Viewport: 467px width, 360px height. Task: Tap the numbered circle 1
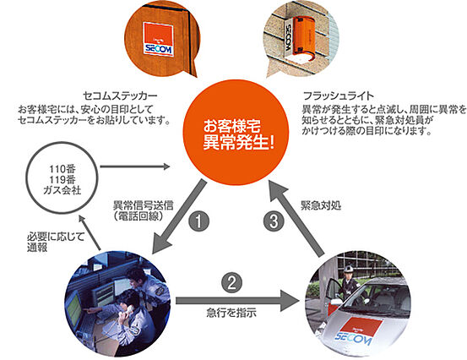pyautogui.click(x=197, y=224)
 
